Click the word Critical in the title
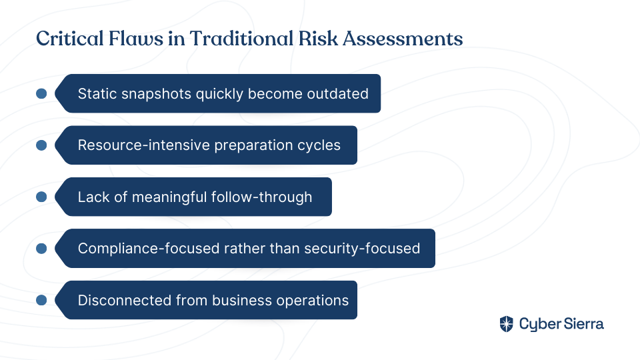pyautogui.click(x=70, y=39)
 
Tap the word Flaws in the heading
pyautogui.click(x=136, y=39)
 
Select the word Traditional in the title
pyautogui.click(x=241, y=39)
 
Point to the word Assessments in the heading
pyautogui.click(x=403, y=39)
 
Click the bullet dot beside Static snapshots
pyautogui.click(x=41, y=93)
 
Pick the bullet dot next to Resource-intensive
pyautogui.click(x=41, y=145)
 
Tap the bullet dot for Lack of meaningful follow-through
pyautogui.click(x=41, y=197)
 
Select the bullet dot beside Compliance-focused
pyautogui.click(x=41, y=248)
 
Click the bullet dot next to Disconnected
pyautogui.click(x=41, y=300)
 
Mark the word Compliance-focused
pyautogui.click(x=149, y=249)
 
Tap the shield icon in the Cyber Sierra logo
pyautogui.click(x=507, y=324)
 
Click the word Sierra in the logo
pyautogui.click(x=584, y=324)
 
